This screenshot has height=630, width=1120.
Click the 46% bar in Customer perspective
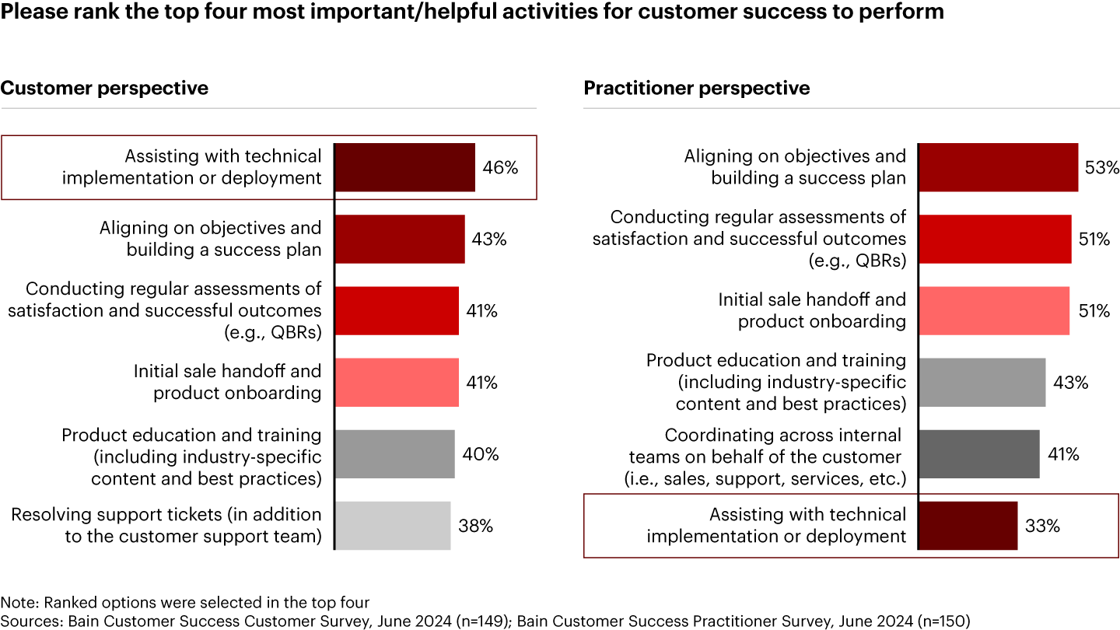404,167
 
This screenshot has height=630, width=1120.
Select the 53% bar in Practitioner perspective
998,167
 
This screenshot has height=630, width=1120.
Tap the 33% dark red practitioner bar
968,525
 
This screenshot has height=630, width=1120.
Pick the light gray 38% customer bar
392,525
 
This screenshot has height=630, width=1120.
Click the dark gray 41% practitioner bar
978,453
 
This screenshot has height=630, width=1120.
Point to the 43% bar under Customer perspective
399,239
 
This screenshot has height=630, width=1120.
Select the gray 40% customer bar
394,453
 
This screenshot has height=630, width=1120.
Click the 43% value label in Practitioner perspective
1071,383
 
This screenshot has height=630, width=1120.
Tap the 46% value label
499,167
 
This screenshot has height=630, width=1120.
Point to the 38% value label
474,526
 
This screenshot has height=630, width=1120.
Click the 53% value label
1102,167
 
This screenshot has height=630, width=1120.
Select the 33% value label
1042,526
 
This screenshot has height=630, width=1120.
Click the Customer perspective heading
104,88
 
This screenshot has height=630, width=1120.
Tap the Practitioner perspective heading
697,88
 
